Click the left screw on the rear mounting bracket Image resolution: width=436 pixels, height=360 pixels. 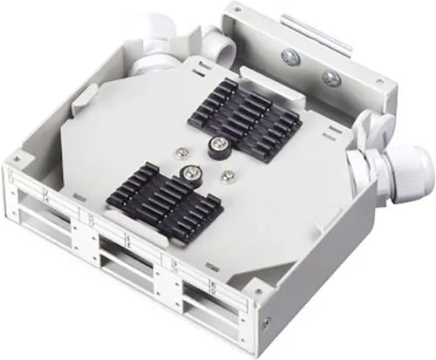pyautogui.click(x=290, y=58)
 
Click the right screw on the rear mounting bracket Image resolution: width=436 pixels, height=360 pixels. pyautogui.click(x=330, y=78)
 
